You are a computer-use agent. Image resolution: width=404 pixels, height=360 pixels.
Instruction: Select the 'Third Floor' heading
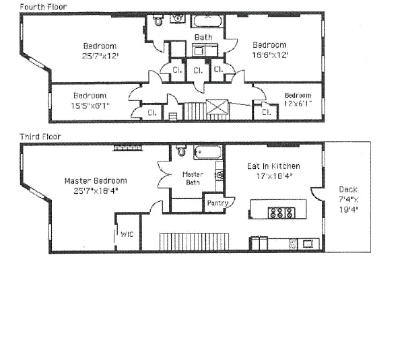click(x=40, y=137)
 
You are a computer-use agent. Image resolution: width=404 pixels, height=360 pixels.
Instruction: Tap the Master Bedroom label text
click(x=96, y=180)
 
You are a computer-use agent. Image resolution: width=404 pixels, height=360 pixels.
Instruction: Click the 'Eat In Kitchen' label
click(x=273, y=166)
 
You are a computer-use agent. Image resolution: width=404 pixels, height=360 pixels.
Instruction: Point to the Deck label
click(x=348, y=190)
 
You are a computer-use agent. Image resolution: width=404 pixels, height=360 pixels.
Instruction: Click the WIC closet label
click(x=127, y=234)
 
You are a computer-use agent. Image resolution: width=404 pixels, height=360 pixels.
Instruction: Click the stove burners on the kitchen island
click(x=278, y=213)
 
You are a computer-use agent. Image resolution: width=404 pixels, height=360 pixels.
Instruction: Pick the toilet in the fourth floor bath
click(x=159, y=22)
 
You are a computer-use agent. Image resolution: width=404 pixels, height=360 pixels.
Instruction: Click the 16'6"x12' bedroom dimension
click(x=269, y=55)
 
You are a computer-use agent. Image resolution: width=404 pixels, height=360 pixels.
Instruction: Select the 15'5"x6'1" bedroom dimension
click(x=90, y=105)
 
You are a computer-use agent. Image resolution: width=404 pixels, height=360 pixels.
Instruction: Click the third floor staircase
click(x=195, y=240)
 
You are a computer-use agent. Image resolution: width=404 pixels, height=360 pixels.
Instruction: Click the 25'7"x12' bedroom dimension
click(x=99, y=57)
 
